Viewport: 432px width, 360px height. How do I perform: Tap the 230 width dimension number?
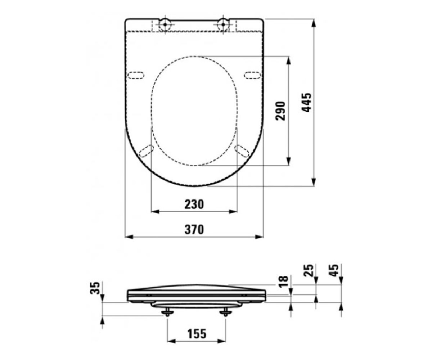(x=194, y=204)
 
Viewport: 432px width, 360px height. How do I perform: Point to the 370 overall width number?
(x=194, y=229)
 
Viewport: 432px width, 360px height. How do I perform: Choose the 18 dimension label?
(x=283, y=282)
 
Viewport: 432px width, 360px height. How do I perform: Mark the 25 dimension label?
(x=309, y=270)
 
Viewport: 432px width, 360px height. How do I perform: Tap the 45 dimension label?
(x=334, y=270)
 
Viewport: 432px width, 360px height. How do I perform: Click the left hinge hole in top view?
(x=165, y=24)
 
